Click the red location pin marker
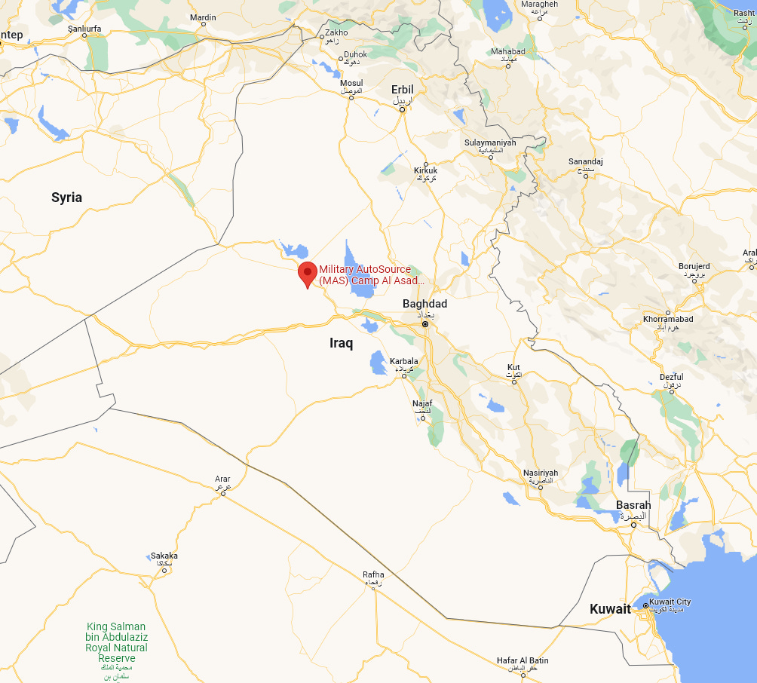pos(307,274)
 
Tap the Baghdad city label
pos(424,304)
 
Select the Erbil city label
pos(403,90)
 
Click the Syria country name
pos(66,198)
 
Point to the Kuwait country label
pos(610,609)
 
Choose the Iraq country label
pos(342,343)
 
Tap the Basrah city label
pos(633,505)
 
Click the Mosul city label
pos(351,83)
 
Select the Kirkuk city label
pos(425,170)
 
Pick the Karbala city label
pos(403,361)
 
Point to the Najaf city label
pos(422,403)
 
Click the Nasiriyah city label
pos(541,473)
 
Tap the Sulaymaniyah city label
pos(490,142)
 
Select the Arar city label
pos(222,479)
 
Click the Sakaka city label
pos(164,556)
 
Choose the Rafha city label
pos(373,575)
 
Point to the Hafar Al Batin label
pos(523,660)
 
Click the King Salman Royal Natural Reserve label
pos(117,642)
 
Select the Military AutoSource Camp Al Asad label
pos(371,274)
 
